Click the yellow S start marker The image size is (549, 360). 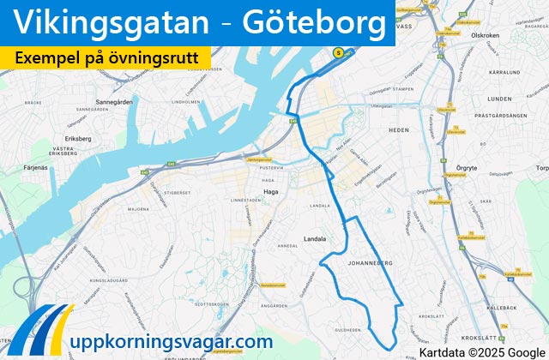coord(338,52)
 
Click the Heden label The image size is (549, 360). coord(399,129)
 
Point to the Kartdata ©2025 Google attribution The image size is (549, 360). coord(480,351)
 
